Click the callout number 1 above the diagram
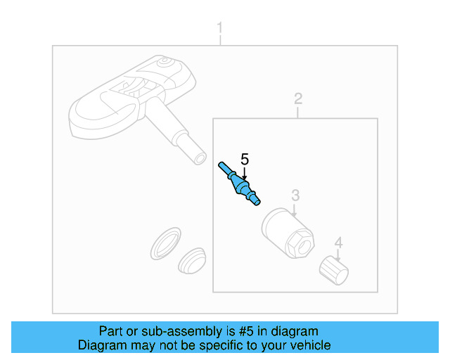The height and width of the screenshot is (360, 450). click(220, 28)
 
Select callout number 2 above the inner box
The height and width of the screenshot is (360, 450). click(298, 98)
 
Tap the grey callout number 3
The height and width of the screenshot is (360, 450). click(295, 195)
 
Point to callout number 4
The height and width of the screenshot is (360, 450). click(339, 243)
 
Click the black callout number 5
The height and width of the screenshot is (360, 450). click(245, 160)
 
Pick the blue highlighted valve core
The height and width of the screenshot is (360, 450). click(239, 184)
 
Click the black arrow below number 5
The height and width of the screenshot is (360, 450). click(244, 174)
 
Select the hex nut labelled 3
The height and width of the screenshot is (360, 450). click(288, 233)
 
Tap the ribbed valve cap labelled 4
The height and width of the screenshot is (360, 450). click(334, 270)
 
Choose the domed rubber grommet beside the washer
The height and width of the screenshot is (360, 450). click(192, 261)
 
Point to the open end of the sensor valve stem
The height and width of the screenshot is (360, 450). click(200, 158)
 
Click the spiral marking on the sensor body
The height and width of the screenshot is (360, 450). click(166, 61)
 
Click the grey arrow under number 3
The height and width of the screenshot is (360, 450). click(294, 211)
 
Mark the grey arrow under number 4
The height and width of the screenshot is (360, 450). click(337, 255)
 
